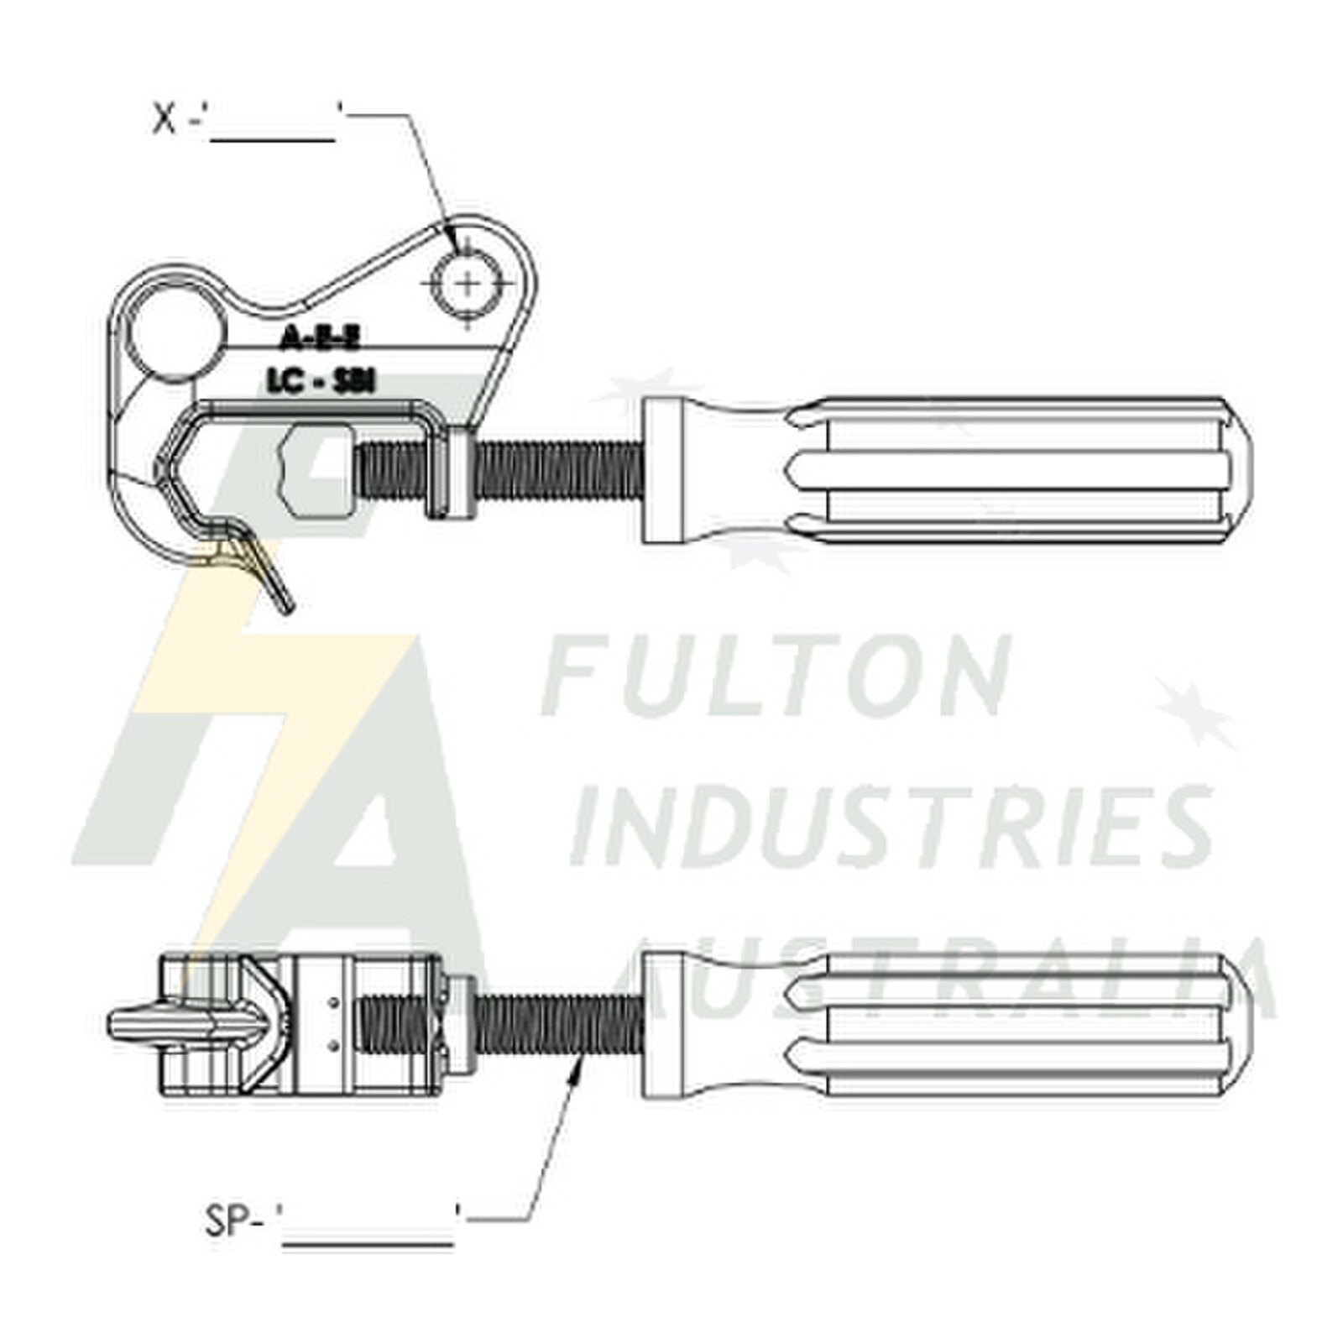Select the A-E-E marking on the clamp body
pos(319,339)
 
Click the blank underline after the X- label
pos(274,136)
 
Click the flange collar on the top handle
pos(665,470)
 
